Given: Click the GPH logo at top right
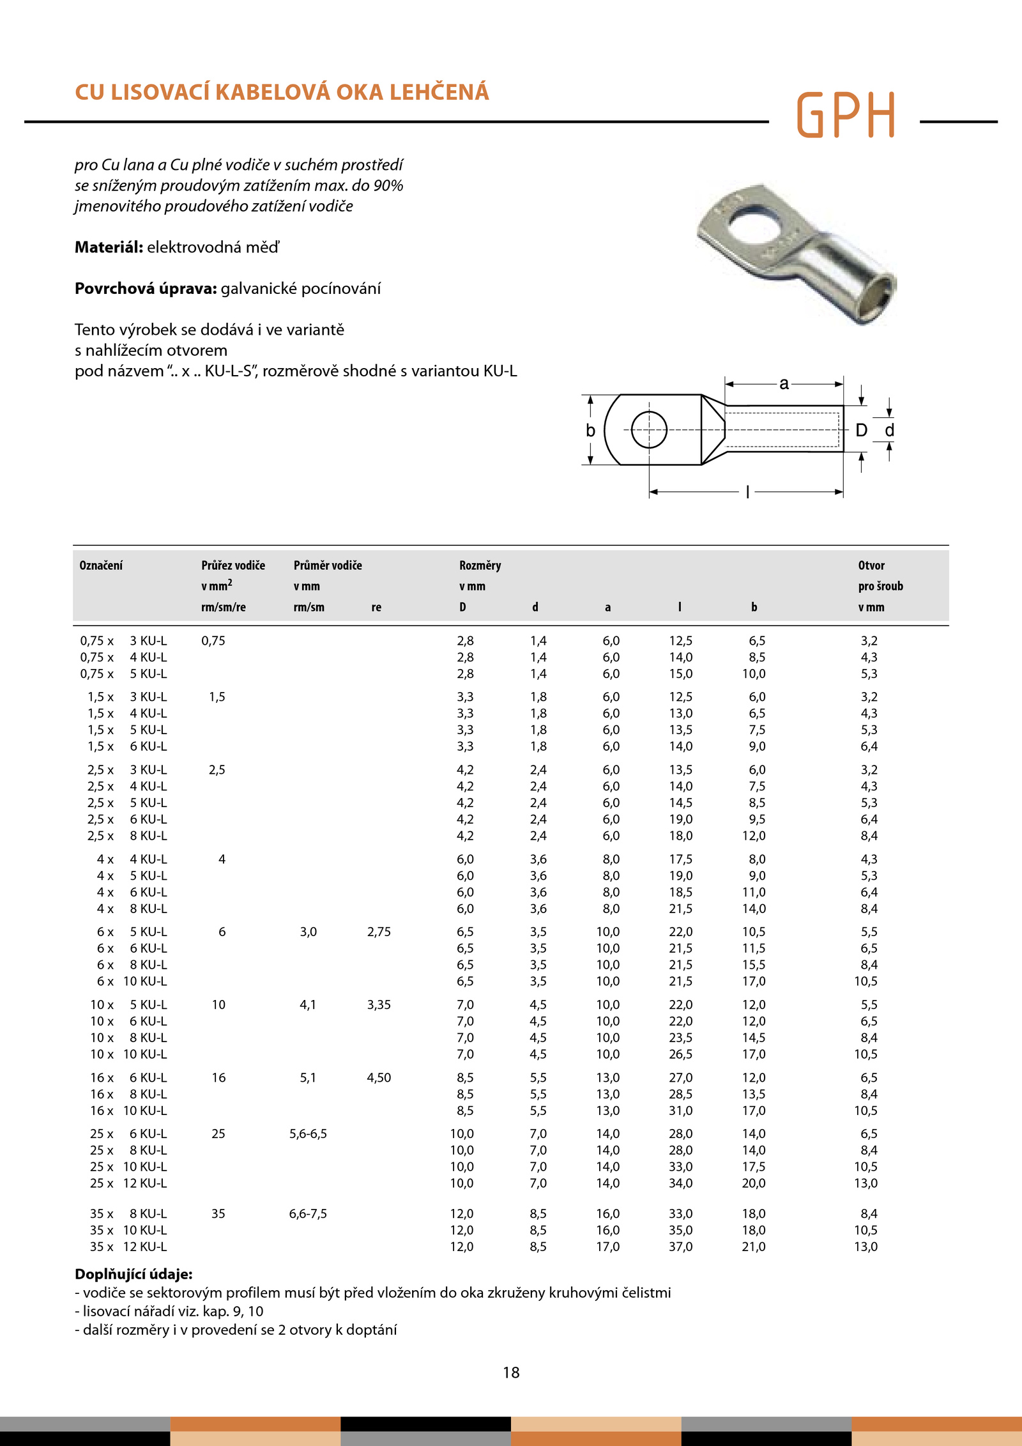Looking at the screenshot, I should (846, 115).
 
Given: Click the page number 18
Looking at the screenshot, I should (511, 1372).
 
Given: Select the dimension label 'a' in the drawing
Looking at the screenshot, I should (784, 383).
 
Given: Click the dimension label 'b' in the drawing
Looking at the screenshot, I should (591, 431).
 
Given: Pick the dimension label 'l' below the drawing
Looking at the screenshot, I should (747, 492).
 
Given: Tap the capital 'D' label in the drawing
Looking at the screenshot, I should (861, 430).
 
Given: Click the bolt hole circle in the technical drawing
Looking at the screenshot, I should (649, 429).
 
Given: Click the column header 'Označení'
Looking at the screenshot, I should (101, 565).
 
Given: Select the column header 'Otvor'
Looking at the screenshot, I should (871, 565).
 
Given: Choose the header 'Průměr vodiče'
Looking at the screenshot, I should (328, 565).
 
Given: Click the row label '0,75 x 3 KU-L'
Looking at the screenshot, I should (123, 641).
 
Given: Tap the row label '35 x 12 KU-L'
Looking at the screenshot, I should (128, 1247).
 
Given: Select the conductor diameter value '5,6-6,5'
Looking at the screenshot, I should (308, 1134).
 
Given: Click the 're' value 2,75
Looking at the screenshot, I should (379, 932).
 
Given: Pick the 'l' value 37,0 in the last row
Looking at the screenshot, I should (680, 1247).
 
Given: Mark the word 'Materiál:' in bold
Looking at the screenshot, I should (109, 247).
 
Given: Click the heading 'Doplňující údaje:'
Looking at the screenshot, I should (133, 1274).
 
